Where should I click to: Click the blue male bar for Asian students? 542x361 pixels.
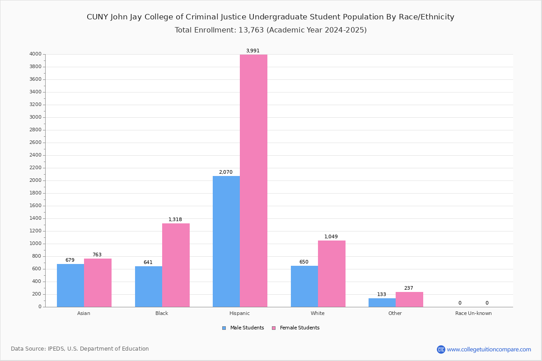70,285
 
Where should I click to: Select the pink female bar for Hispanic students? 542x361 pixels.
253,180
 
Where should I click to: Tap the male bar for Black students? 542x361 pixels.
149,287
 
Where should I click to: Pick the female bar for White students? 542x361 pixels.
332,273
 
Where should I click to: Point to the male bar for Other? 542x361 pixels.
382,302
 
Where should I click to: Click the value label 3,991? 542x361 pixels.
253,51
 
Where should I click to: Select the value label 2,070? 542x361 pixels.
226,172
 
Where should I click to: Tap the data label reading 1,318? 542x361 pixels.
175,220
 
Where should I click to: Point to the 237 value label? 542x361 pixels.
409,288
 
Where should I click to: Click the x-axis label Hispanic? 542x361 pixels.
239,314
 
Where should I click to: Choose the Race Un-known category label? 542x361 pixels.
473,314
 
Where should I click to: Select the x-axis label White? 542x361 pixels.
318,314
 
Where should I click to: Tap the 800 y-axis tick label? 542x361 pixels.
37,256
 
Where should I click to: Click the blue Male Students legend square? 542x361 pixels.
224,328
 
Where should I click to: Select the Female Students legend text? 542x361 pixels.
299,328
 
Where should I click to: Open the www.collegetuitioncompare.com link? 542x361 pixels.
489,349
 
